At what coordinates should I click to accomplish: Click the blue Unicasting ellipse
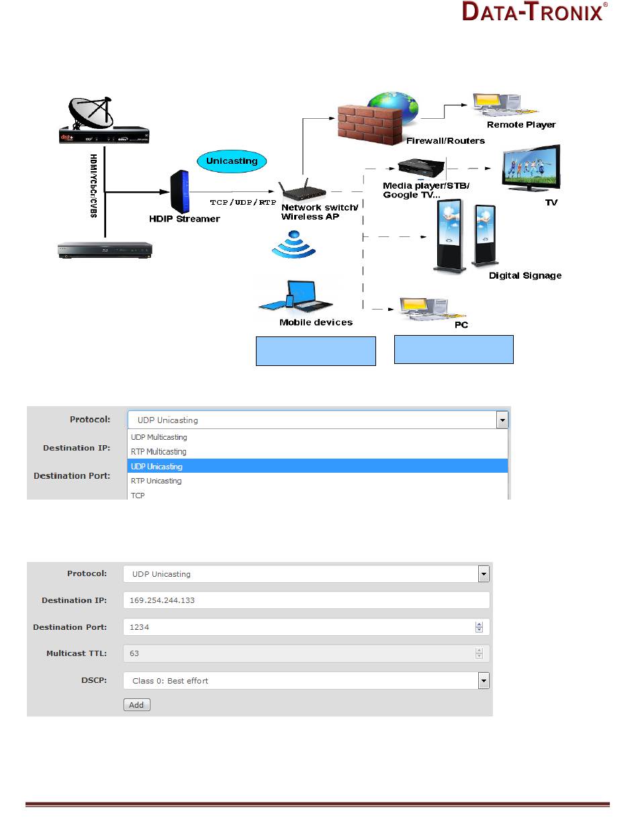coord(232,162)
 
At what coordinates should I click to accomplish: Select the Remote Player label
coord(521,124)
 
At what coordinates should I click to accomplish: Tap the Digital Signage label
coord(525,275)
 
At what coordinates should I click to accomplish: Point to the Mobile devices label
coord(316,322)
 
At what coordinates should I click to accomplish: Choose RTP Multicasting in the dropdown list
coord(158,452)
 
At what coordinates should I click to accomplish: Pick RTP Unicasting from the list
coord(156,481)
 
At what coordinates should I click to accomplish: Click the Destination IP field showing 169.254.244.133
coord(306,600)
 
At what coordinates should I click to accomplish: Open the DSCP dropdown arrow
coord(483,681)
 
